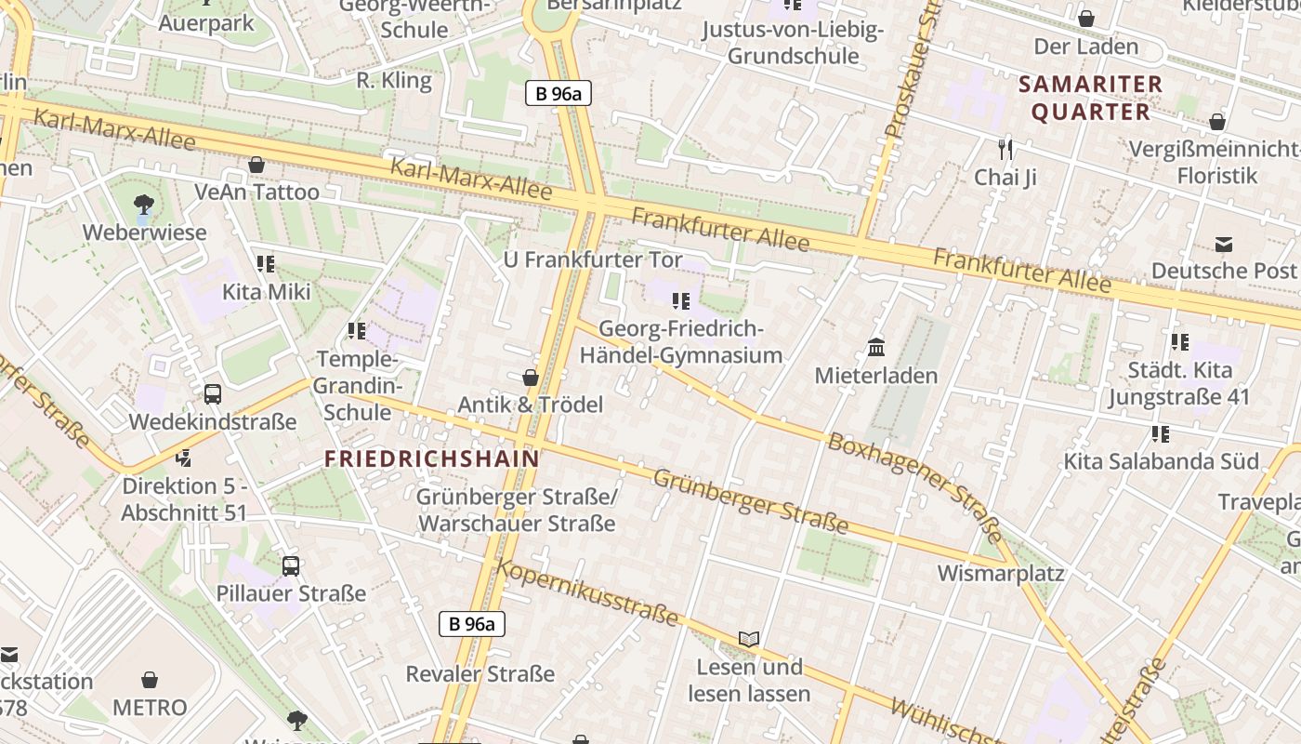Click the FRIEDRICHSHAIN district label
click(x=432, y=458)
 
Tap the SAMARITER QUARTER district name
click(x=1091, y=98)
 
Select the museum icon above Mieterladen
click(x=875, y=348)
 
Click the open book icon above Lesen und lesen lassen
click(x=749, y=639)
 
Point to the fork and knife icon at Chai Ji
click(x=1005, y=149)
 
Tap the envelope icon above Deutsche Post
click(x=1223, y=245)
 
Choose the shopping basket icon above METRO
click(x=150, y=681)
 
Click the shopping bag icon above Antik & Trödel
click(x=531, y=378)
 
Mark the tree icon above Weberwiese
click(x=144, y=205)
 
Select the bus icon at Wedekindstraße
click(x=213, y=393)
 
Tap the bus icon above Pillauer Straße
click(x=291, y=565)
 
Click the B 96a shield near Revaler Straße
click(x=472, y=624)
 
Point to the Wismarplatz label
click(x=1000, y=573)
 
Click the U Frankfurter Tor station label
click(x=593, y=259)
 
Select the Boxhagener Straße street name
click(x=914, y=486)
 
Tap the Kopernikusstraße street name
click(x=587, y=591)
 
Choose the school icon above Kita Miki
click(x=266, y=264)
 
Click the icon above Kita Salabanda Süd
click(x=1160, y=433)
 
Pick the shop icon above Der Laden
click(x=1085, y=19)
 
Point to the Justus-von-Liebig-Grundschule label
click(x=793, y=43)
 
